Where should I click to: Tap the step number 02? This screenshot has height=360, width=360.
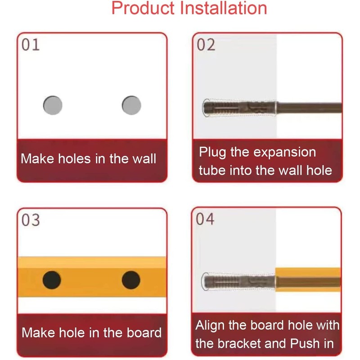coord(206,45)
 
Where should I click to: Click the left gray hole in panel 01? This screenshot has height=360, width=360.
coord(53,105)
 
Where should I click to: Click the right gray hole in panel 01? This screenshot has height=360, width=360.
coord(131,105)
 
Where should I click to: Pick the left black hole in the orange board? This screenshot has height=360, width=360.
coord(52,280)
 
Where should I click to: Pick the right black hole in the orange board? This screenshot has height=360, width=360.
coord(131,280)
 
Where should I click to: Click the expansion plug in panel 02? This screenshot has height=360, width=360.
coord(238,108)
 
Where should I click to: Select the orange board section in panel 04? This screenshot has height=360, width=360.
coord(308,279)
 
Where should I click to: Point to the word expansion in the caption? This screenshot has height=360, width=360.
coord(284,152)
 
